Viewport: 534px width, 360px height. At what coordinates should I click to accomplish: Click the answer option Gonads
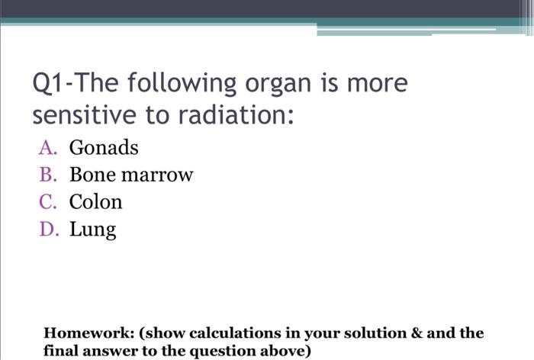[x=104, y=147]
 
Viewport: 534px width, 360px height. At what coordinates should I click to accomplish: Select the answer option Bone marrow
[x=131, y=175]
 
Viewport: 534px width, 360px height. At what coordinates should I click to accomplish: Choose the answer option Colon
[x=95, y=202]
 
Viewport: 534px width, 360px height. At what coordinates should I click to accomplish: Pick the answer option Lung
[x=92, y=230]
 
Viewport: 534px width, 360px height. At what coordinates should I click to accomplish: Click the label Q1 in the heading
[x=50, y=83]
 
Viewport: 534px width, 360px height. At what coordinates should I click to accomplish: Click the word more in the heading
[x=378, y=83]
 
